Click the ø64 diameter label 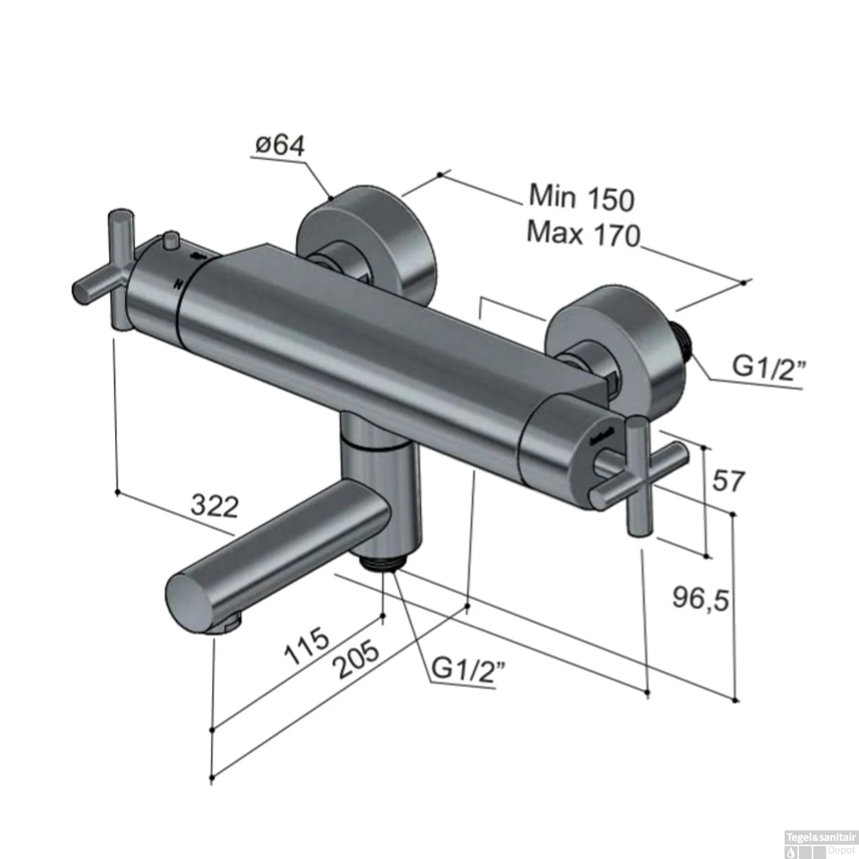tap(279, 146)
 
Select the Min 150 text tap(581, 197)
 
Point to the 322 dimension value tap(215, 506)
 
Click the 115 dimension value tap(308, 645)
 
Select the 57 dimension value tap(728, 480)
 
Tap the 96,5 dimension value tap(700, 600)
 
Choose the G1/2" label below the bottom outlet tap(469, 668)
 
